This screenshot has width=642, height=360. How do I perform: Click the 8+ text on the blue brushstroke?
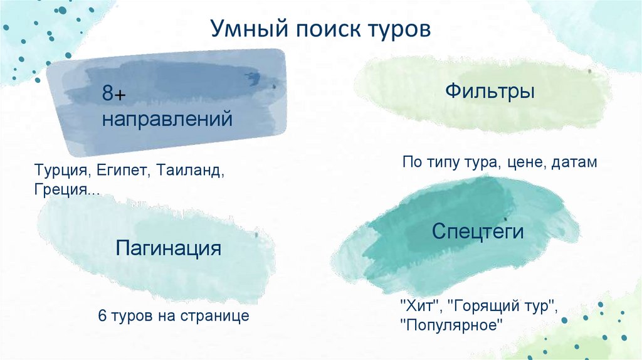pyautogui.click(x=115, y=95)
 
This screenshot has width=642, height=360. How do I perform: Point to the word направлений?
pyautogui.click(x=167, y=119)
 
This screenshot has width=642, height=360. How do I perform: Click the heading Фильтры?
pyautogui.click(x=490, y=92)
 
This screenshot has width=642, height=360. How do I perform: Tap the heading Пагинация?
pyautogui.click(x=168, y=248)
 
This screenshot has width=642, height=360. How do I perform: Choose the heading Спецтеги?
pyautogui.click(x=477, y=231)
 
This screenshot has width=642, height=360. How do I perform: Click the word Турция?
pyautogui.click(x=65, y=171)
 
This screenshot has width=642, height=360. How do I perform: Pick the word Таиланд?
pyautogui.click(x=191, y=171)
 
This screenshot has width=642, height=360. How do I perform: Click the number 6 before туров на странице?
pyautogui.click(x=102, y=315)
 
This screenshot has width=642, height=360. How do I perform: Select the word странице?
pyautogui.click(x=219, y=315)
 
